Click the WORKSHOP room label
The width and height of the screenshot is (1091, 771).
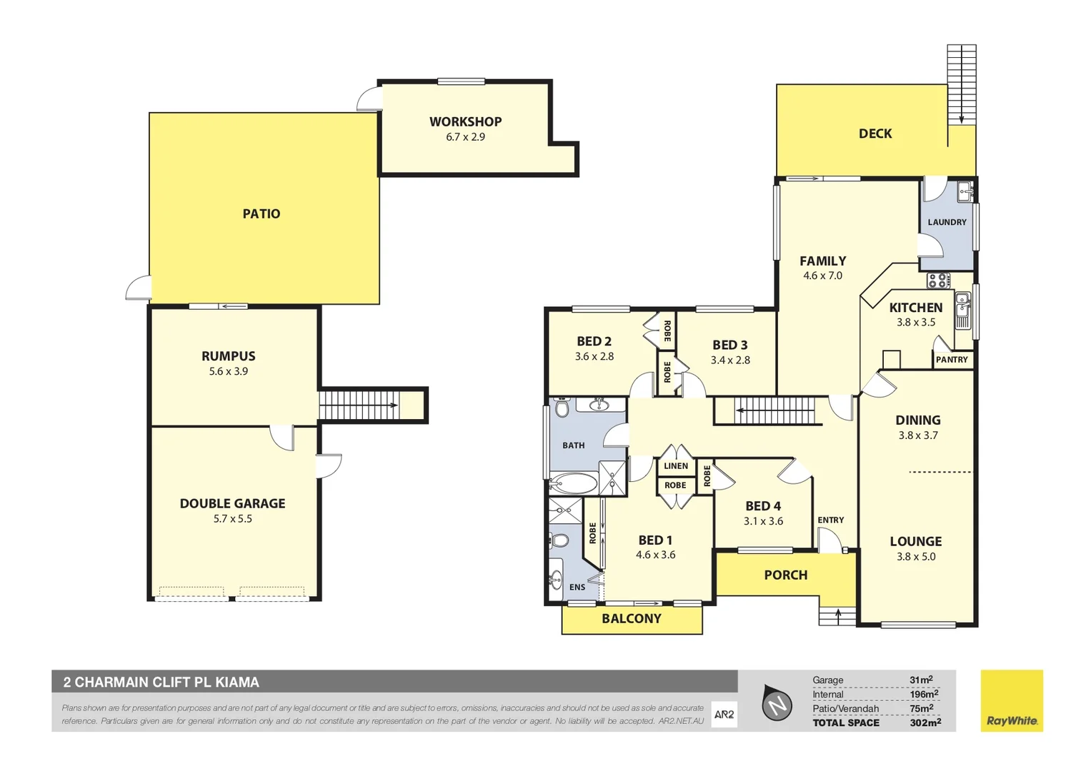click(465, 121)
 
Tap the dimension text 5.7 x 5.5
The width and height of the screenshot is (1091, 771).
click(233, 519)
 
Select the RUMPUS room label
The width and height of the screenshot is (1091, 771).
click(228, 356)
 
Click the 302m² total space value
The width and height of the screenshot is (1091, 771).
click(925, 722)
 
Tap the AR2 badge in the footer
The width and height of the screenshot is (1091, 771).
click(724, 715)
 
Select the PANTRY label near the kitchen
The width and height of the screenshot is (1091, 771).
click(952, 360)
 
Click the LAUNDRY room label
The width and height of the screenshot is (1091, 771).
click(947, 222)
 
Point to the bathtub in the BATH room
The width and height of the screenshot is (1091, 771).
click(574, 483)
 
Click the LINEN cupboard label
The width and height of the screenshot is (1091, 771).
click(675, 466)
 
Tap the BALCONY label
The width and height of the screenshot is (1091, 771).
click(631, 619)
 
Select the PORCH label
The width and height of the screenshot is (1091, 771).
click(785, 575)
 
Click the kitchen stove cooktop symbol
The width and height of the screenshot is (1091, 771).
click(938, 280)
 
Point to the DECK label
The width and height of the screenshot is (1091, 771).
click(875, 133)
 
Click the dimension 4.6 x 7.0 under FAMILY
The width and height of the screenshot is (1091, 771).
click(822, 276)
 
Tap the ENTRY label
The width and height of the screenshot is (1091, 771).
click(830, 520)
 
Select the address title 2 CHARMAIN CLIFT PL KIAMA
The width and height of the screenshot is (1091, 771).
click(161, 682)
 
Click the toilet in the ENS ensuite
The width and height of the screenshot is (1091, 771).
click(559, 540)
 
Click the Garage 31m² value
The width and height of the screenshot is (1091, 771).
click(921, 680)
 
